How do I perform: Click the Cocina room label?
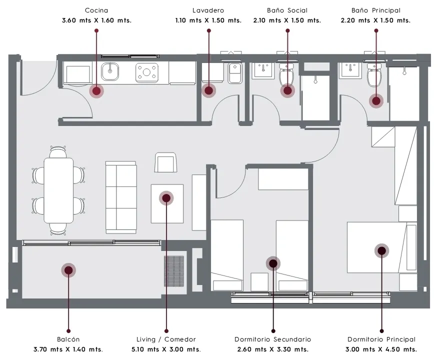[x=96, y=10]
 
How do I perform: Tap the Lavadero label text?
[x=208, y=10]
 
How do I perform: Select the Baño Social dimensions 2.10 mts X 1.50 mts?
[x=287, y=20]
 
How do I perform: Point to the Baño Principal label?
[x=376, y=10]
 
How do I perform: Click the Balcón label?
[x=68, y=339]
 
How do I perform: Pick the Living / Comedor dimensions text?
[x=166, y=349]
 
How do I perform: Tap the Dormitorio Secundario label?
[x=273, y=339]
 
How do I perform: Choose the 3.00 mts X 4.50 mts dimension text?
[x=381, y=349]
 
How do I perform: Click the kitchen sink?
[x=110, y=71]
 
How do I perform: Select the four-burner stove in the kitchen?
[x=147, y=73]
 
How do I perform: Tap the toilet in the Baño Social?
[x=286, y=74]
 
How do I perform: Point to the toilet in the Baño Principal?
[x=374, y=74]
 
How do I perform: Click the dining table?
[x=58, y=190]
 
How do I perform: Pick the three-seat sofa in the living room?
[x=121, y=197]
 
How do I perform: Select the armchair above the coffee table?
[x=165, y=162]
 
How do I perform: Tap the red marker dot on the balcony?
[x=68, y=270]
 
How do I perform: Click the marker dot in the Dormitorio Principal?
[x=381, y=250]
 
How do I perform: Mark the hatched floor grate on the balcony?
[x=174, y=271]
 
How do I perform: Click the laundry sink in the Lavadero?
[x=235, y=73]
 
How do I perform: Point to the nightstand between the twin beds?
[x=259, y=282]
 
